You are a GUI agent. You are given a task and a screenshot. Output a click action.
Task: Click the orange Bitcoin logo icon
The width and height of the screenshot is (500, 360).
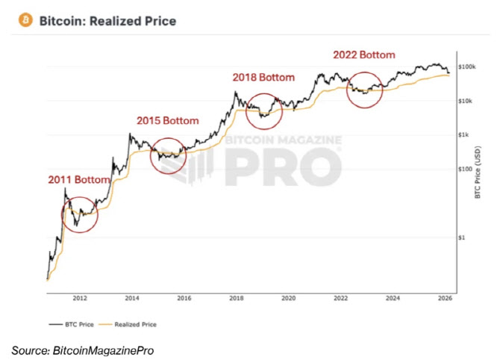pos(26,21)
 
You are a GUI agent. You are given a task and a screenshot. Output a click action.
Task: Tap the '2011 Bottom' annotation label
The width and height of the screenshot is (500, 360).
pos(79,180)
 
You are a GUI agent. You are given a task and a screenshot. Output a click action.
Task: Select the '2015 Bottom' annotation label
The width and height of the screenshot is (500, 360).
pos(168,120)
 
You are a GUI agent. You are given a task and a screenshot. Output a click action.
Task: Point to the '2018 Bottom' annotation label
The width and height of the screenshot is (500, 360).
pos(263,77)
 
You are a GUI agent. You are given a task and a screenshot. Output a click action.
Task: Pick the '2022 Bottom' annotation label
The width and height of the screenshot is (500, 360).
pos(363,55)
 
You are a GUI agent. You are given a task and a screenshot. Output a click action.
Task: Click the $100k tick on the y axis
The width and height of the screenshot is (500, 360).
pos(466,67)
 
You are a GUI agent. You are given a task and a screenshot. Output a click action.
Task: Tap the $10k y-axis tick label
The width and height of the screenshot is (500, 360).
pos(465,101)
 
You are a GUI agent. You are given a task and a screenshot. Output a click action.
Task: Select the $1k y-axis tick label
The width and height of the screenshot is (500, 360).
pos(463,135)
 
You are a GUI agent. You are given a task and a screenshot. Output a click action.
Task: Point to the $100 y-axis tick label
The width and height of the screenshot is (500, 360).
pos(464,169)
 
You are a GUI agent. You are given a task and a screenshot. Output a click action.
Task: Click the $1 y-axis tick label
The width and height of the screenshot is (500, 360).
pos(460,238)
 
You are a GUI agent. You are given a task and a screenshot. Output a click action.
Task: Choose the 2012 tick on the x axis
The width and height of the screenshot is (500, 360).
pos(81,297)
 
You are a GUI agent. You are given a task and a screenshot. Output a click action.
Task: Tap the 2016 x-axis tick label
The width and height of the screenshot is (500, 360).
pos(184,297)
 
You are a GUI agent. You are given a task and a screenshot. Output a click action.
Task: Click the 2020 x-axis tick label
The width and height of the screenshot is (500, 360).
pos(289,297)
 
